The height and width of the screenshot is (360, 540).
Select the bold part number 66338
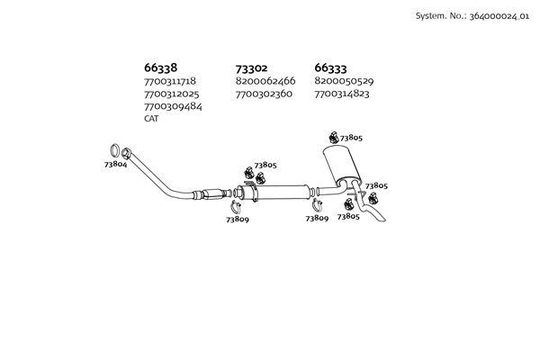[160, 67]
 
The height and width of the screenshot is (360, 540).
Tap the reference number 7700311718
[170, 81]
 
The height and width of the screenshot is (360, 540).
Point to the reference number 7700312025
[172, 94]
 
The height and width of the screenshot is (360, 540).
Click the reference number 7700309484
[173, 106]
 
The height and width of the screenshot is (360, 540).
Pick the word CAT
[151, 119]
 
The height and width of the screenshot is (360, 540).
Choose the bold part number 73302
[251, 68]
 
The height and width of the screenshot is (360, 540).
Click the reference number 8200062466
[265, 81]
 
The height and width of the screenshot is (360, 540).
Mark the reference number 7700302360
[264, 94]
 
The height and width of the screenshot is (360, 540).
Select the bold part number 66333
[330, 67]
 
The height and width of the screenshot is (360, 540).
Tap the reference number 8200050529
[344, 81]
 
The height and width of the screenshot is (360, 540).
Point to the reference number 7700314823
[342, 94]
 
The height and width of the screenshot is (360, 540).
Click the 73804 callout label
[116, 165]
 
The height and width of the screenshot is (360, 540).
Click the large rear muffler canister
[342, 165]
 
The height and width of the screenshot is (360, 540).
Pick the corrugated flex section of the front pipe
[213, 194]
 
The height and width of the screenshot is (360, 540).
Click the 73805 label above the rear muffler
[351, 138]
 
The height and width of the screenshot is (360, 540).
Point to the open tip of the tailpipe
[383, 220]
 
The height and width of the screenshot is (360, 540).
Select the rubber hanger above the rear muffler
[333, 137]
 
